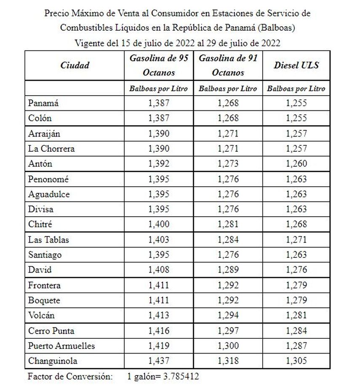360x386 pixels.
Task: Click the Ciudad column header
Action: point(75,65)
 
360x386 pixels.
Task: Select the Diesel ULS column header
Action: point(296,65)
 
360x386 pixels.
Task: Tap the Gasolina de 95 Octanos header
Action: point(159,65)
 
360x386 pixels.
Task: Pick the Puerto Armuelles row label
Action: point(61,346)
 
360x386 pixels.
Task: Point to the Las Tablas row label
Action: point(48,240)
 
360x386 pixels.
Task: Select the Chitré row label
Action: point(40,225)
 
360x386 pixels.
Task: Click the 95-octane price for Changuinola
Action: point(159,361)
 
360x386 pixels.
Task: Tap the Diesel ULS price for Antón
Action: point(296,164)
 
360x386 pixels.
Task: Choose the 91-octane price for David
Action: point(228,270)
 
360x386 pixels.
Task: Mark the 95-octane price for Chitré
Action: point(159,225)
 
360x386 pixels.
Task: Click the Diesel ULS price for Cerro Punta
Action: point(296,331)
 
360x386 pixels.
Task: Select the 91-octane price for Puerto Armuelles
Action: point(228,346)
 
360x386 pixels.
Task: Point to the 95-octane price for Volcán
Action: point(159,315)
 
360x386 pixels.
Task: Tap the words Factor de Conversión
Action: point(70,376)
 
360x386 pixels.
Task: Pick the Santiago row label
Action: point(45,255)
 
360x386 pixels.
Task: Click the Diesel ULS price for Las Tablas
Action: point(296,240)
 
